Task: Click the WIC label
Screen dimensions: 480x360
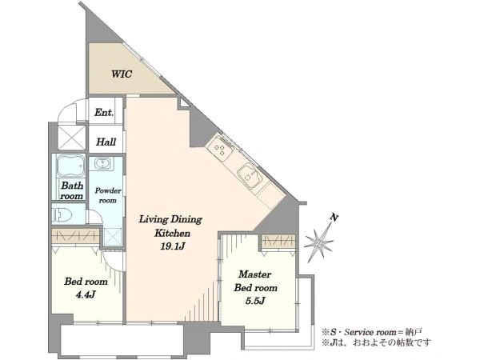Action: click(122, 74)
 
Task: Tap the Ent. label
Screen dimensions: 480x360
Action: click(104, 112)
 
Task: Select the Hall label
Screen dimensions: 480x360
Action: click(106, 142)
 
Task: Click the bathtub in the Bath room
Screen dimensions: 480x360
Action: click(70, 166)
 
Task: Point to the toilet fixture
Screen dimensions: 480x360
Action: click(62, 214)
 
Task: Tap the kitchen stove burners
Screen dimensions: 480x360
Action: click(221, 148)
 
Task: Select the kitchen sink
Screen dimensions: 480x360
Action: click(250, 175)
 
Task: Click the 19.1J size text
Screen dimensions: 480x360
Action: click(172, 246)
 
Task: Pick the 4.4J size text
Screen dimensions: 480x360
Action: click(86, 294)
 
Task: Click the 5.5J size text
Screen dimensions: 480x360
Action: click(255, 302)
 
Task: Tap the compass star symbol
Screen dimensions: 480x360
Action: click(318, 243)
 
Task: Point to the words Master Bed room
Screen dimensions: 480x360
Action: click(256, 281)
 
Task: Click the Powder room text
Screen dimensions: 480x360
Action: click(107, 195)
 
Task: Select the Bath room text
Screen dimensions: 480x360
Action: click(72, 190)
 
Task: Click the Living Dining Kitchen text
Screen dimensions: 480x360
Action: click(171, 226)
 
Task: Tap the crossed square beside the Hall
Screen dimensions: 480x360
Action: click(72, 138)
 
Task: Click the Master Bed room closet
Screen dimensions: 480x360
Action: click(278, 241)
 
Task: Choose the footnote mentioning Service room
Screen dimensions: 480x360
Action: click(372, 331)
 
